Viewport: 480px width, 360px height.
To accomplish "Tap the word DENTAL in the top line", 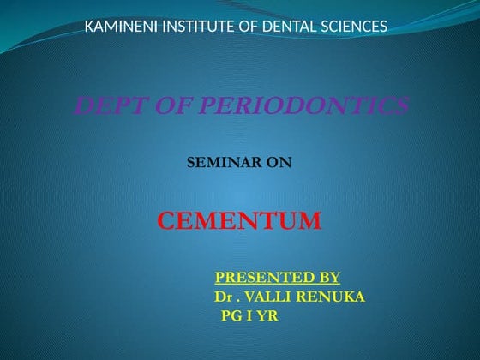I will (x=296, y=27).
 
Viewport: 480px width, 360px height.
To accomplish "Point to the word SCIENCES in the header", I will (x=356, y=27).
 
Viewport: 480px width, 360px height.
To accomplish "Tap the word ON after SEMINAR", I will (x=277, y=160).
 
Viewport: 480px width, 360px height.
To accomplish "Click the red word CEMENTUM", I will (x=239, y=222).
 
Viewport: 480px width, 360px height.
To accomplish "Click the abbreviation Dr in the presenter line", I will (x=224, y=297).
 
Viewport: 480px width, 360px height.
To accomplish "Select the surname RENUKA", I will (x=337, y=297).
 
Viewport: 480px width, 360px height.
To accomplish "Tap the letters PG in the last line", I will (x=231, y=316).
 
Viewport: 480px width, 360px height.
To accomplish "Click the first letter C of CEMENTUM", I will (x=168, y=222).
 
